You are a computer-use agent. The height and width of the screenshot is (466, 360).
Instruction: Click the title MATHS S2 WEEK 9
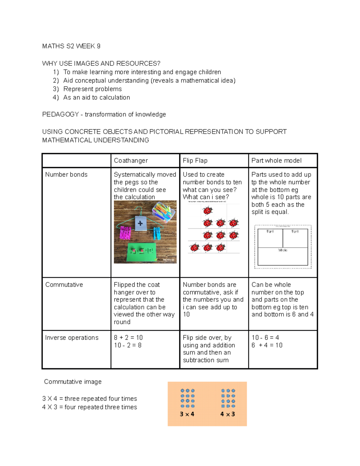(x=71, y=46)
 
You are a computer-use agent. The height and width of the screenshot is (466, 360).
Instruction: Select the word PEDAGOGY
(x=60, y=115)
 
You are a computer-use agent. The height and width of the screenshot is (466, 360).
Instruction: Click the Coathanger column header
(x=131, y=161)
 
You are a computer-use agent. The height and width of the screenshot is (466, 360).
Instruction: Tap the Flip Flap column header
(x=195, y=161)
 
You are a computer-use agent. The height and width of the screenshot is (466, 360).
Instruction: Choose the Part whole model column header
(x=276, y=161)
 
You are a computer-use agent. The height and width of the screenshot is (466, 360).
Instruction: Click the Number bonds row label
(x=66, y=175)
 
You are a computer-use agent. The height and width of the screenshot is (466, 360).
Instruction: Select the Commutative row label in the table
(x=64, y=285)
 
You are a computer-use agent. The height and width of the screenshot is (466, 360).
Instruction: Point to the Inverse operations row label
(x=72, y=338)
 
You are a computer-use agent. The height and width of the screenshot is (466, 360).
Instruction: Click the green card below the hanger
(x=142, y=251)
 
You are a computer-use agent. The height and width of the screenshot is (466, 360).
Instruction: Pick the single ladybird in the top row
(x=208, y=211)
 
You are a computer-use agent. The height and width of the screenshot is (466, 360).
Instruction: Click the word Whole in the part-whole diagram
(x=283, y=250)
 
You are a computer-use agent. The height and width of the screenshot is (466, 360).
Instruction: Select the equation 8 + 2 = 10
(x=128, y=338)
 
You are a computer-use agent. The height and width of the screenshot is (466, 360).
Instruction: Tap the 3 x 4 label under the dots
(x=187, y=414)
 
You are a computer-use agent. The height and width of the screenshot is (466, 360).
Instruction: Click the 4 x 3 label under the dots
(x=227, y=414)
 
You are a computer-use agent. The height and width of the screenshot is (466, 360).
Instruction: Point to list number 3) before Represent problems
(x=56, y=89)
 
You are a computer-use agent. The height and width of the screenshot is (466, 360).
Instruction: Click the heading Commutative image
(x=73, y=382)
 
